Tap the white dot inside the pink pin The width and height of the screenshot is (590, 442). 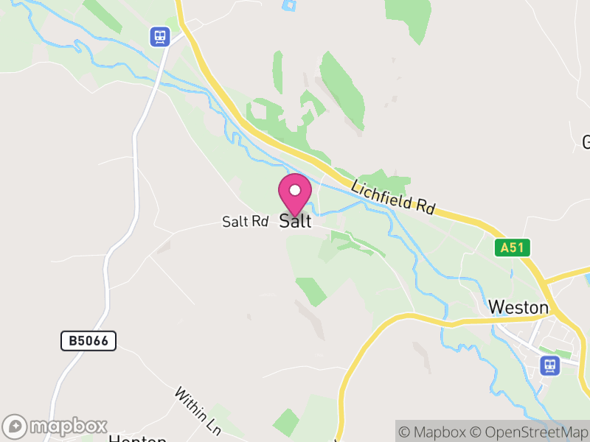click(295, 190)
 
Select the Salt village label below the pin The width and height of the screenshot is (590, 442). click(295, 221)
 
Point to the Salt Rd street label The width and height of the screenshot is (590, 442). click(245, 221)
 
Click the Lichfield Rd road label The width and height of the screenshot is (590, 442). click(393, 197)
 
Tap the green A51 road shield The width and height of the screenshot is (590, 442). click(512, 248)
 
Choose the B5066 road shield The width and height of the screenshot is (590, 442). click(88, 340)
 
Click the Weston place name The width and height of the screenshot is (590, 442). click(518, 307)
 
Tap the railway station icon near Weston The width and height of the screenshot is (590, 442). click(549, 365)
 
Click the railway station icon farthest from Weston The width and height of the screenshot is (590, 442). click(159, 36)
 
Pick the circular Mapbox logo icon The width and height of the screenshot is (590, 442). click(15, 427)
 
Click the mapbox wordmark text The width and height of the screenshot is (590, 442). click(68, 427)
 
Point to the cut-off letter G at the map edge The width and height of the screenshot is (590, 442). click(586, 141)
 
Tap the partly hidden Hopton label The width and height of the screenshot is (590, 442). click(137, 439)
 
